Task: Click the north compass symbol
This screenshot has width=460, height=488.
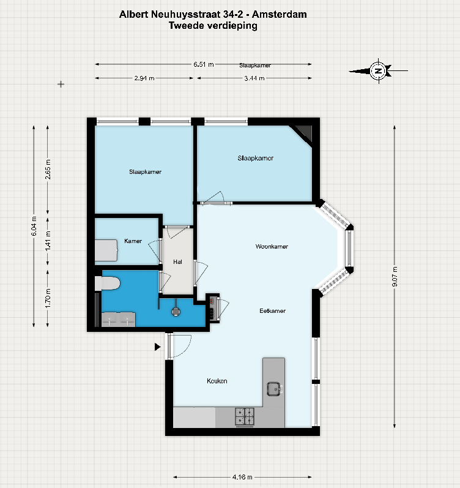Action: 378,71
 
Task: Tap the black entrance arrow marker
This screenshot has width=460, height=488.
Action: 158,347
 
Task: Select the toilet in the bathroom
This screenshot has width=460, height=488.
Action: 107,283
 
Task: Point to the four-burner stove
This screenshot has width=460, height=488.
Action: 245,416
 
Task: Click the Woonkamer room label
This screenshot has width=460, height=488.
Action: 272,247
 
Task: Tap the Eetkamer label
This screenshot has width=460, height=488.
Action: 272,310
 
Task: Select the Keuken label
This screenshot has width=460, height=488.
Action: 217,381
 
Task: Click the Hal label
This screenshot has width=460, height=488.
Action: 177,261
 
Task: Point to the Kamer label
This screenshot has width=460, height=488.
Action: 133,241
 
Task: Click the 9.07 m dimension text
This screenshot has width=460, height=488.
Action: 395,276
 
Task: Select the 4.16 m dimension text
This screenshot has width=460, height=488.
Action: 242,477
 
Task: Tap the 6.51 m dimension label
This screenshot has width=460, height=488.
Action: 204,64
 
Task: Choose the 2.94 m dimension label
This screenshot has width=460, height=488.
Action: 144,78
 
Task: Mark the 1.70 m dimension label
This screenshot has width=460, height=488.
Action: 48,298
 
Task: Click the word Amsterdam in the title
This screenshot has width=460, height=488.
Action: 280,14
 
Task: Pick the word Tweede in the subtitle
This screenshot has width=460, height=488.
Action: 187,25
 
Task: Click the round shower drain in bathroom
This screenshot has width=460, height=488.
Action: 176,312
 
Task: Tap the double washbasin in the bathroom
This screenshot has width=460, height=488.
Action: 119,320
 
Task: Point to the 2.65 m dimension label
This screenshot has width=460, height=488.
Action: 48,170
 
